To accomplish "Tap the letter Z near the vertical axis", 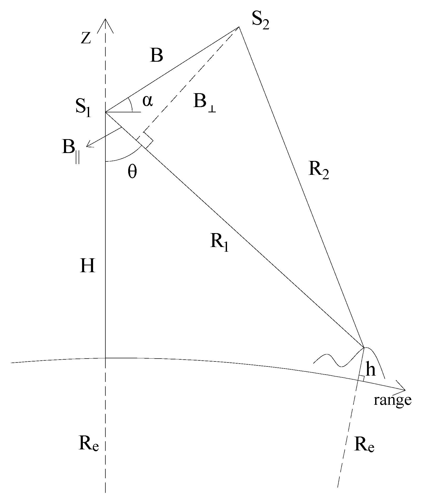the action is tap(86, 38).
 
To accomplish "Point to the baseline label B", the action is tap(156, 56).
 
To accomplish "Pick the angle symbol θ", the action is tap(132, 172).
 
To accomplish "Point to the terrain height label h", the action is tap(371, 370).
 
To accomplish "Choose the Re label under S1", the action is tap(89, 445).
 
